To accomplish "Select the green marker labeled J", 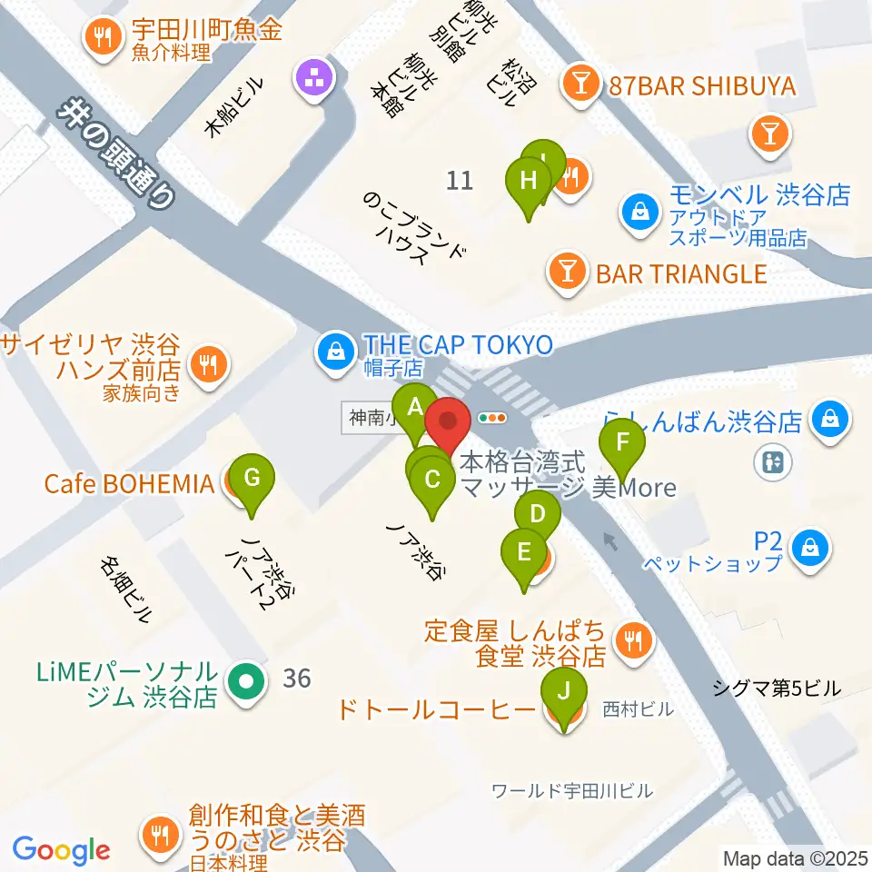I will (x=564, y=692).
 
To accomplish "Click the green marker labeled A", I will (x=415, y=407).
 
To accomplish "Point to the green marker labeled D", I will (x=538, y=516).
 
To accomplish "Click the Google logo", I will (x=61, y=850).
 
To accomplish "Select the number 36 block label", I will (x=296, y=678).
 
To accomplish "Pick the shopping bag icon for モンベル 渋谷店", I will (x=641, y=212).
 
